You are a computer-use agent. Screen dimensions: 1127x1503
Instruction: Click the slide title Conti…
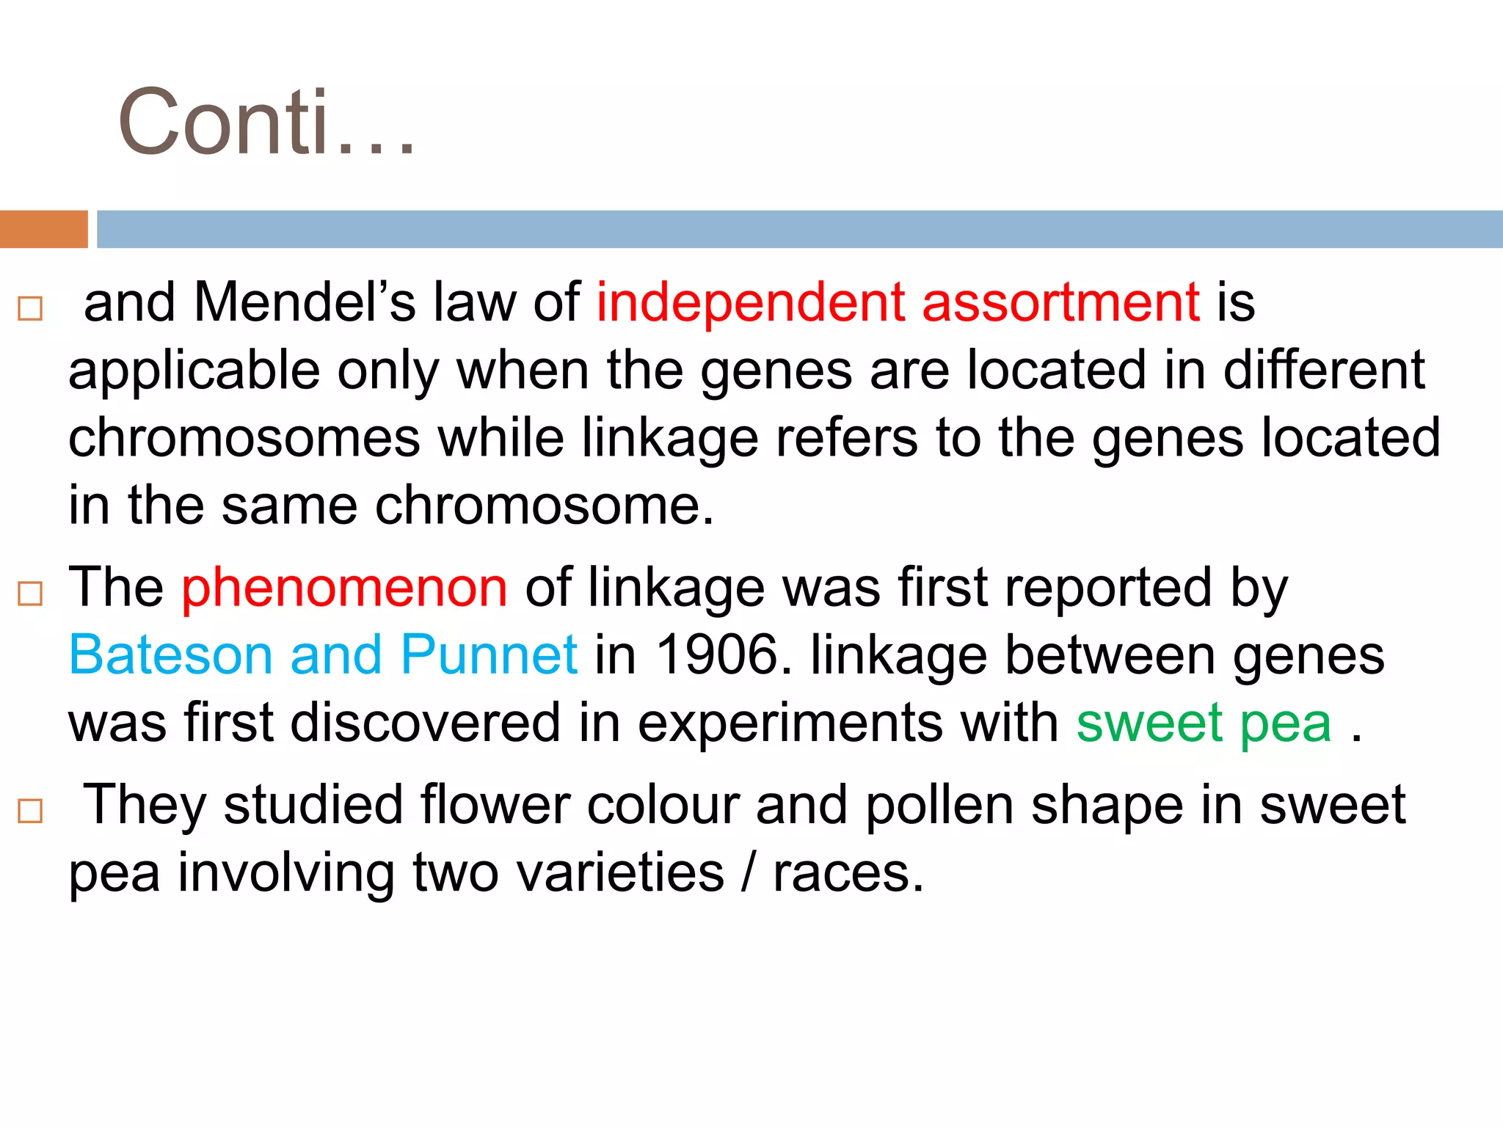(266, 122)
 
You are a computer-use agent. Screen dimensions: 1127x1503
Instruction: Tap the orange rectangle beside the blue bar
(43, 229)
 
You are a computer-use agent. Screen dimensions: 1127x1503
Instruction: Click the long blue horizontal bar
(799, 229)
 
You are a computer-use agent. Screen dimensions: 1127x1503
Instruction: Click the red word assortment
(1060, 302)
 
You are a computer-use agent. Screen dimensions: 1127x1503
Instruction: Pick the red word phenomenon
(344, 588)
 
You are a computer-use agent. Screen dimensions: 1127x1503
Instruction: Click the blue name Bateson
(171, 654)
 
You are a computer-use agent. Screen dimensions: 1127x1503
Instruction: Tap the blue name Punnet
(489, 654)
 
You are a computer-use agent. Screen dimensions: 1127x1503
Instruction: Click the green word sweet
(1149, 723)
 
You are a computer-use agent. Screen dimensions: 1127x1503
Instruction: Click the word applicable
(194, 371)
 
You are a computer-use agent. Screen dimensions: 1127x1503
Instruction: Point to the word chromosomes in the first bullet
(244, 438)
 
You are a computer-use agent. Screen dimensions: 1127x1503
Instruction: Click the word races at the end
(848, 873)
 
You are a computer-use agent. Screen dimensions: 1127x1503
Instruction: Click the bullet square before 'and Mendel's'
(30, 308)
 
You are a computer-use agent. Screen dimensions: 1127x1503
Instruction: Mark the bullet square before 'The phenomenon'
(30, 593)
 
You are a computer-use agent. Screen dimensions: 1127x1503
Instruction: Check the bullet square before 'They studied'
(30, 811)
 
